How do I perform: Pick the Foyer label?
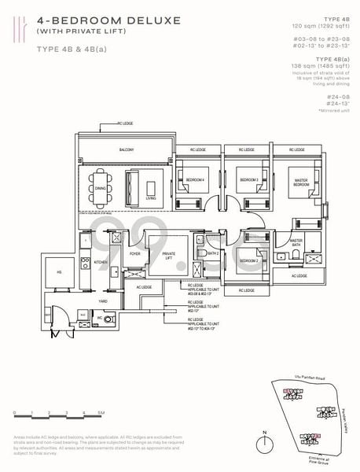click(134, 253)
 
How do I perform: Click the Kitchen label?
click(100, 262)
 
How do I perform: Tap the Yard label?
click(102, 301)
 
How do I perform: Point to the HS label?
click(57, 271)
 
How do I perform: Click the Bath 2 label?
click(212, 253)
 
